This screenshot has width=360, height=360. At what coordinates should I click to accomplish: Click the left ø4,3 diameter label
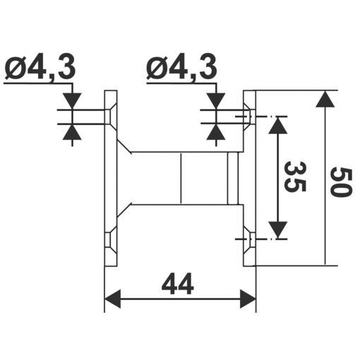click(40, 68)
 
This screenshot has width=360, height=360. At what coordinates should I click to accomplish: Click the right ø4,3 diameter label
click(181, 68)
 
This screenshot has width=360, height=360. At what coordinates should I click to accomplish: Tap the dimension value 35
click(297, 177)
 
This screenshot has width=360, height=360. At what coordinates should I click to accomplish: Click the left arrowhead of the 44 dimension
click(113, 299)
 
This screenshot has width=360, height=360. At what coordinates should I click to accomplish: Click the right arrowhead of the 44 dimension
click(247, 299)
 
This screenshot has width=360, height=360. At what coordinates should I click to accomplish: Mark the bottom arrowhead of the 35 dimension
click(280, 230)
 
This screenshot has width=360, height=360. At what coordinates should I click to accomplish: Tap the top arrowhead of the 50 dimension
click(324, 99)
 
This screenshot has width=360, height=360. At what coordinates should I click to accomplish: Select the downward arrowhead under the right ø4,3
click(217, 101)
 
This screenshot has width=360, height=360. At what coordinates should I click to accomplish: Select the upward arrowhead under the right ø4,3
click(217, 133)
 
